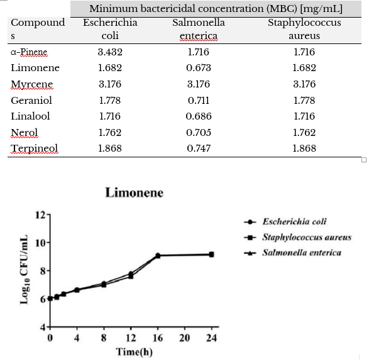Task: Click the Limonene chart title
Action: click(134, 193)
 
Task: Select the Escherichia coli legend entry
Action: click(285, 222)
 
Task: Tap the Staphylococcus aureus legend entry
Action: click(298, 237)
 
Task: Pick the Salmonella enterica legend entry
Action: click(292, 253)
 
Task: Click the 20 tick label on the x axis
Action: click(185, 338)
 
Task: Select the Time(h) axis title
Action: click(134, 352)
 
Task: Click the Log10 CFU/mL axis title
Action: click(25, 270)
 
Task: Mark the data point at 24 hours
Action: click(212, 254)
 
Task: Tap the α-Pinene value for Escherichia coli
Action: click(110, 52)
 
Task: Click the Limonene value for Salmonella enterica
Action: click(199, 68)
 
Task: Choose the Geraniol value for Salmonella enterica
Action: click(199, 100)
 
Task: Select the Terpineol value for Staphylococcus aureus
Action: click(304, 148)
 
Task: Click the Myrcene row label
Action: click(32, 84)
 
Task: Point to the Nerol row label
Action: click(25, 133)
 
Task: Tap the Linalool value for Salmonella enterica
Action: click(199, 116)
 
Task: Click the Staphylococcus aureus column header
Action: click(304, 29)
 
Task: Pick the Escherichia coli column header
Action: click(110, 29)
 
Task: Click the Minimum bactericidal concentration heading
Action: click(216, 9)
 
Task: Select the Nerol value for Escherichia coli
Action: click(110, 133)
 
